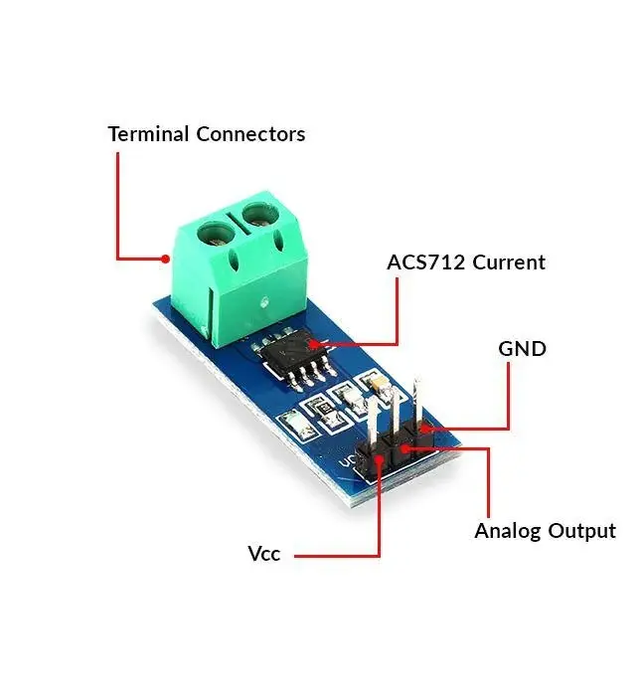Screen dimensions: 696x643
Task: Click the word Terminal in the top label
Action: coord(149,133)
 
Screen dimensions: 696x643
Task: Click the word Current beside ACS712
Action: coord(508,262)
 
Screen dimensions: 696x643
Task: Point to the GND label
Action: coord(522,349)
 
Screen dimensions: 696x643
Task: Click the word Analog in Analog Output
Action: coord(509,531)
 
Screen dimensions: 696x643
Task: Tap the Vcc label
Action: coord(263,554)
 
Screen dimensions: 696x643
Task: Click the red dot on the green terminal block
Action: coord(164,259)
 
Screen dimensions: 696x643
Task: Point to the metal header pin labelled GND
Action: coord(418,403)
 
